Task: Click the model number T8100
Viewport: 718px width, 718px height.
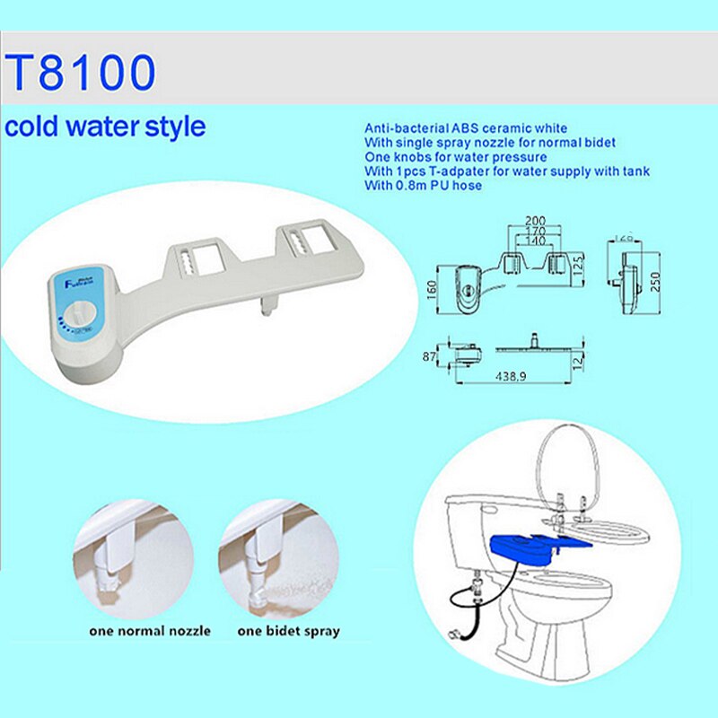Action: (x=81, y=74)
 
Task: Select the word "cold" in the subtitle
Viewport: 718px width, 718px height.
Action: (x=31, y=126)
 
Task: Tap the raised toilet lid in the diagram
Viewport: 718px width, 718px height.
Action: (x=574, y=467)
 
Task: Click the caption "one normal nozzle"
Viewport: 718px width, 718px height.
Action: (x=150, y=631)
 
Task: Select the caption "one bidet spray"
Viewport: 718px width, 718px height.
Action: (x=288, y=631)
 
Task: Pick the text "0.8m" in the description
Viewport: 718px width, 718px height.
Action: (x=409, y=185)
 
